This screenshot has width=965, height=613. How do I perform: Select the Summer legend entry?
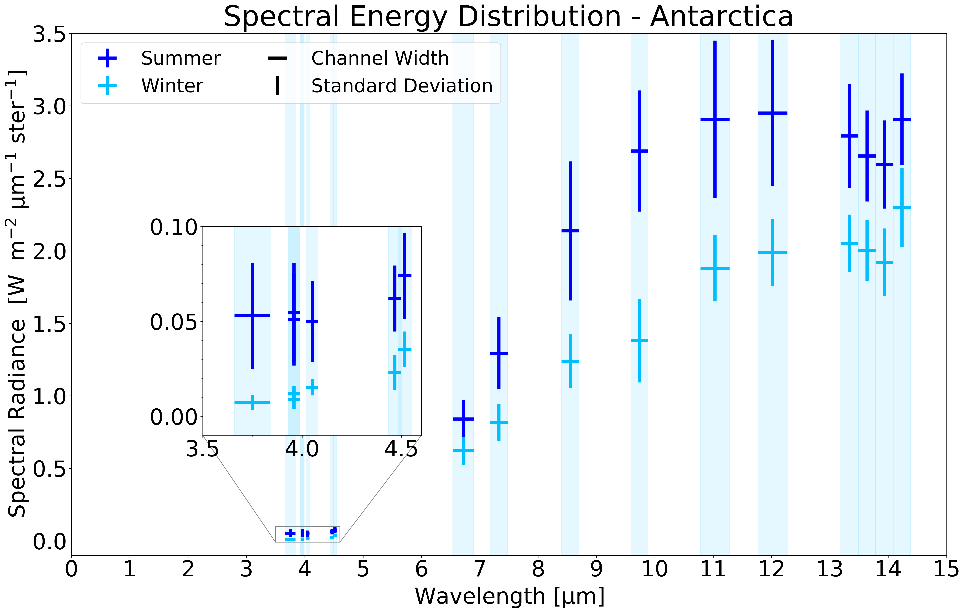(180, 59)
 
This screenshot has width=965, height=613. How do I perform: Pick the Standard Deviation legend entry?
(402, 86)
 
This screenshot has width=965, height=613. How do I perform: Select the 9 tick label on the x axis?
(596, 569)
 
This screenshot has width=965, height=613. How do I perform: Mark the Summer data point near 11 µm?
(715, 119)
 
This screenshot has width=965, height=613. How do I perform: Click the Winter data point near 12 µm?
(772, 253)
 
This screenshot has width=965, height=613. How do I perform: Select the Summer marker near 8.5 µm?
(570, 231)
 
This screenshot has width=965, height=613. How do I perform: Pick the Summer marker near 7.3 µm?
(499, 353)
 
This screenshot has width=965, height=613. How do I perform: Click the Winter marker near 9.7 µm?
(639, 341)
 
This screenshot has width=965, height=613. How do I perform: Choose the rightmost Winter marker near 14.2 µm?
(902, 208)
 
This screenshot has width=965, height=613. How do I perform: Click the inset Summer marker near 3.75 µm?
(253, 316)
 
